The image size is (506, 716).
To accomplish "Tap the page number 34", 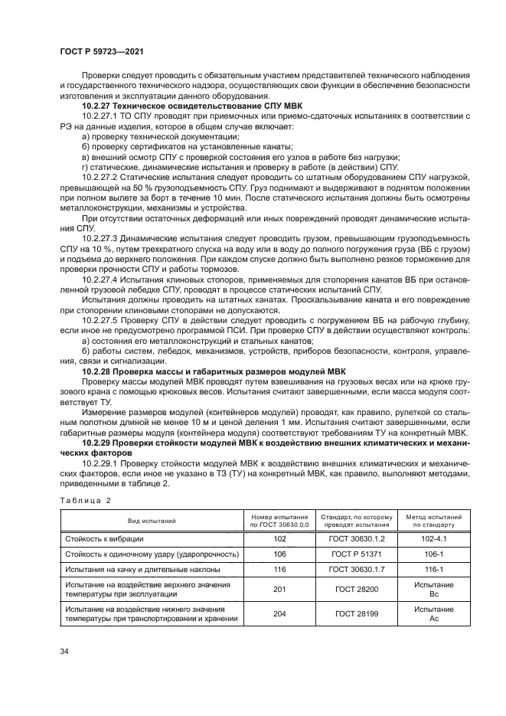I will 64,651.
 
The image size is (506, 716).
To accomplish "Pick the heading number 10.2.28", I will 96,370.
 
